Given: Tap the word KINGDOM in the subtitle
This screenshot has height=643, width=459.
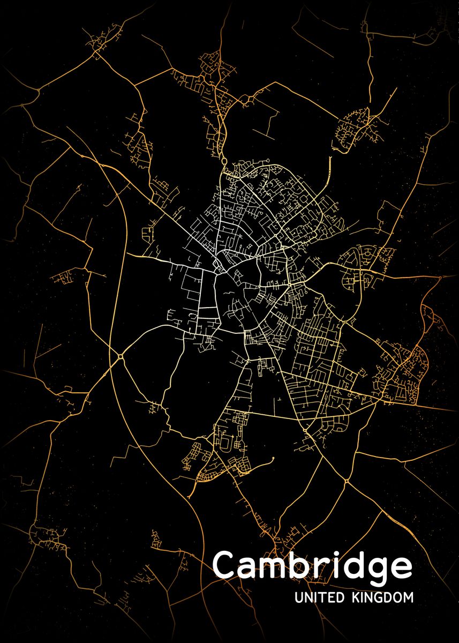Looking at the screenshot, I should [x=382, y=597].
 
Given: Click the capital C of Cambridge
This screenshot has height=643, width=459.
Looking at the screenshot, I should [x=225, y=565].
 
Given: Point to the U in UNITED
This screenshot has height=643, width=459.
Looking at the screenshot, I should [x=298, y=597].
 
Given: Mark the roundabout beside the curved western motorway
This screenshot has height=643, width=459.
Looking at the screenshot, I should [x=121, y=356].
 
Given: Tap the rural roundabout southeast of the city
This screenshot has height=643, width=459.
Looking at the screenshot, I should [x=347, y=482].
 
